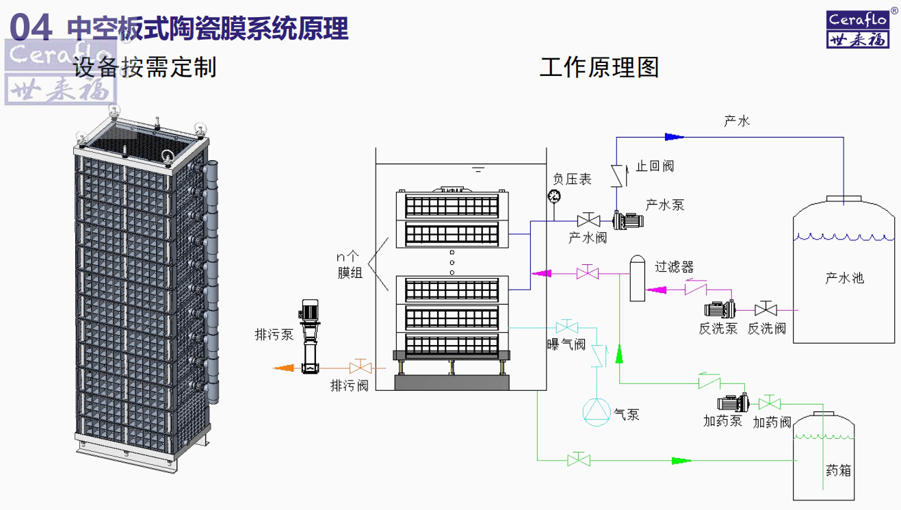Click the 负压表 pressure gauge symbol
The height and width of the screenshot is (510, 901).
553,196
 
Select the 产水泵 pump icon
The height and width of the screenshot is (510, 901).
628,220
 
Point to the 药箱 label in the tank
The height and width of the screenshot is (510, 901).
838,471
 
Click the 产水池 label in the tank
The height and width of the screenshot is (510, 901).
844,278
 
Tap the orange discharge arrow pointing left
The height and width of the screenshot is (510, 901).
284,368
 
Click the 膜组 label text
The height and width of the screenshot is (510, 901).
349,273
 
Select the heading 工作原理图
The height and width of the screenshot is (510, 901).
599,67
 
